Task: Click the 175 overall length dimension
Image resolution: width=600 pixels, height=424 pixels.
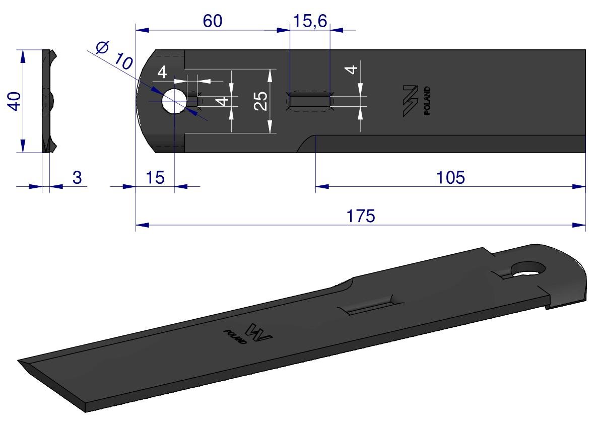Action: pos(361,216)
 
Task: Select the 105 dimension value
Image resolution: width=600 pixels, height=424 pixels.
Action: pos(450,178)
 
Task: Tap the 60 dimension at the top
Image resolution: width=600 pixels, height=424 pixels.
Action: pos(213,21)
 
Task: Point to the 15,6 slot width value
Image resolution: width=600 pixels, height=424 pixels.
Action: pos(309,21)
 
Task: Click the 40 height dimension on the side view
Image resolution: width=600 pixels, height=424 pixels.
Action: pos(15,101)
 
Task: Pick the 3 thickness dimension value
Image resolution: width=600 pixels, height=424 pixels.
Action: pos(77,178)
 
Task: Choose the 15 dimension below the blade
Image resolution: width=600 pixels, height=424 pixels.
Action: pos(155,178)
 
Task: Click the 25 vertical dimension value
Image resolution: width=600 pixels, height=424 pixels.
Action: pos(261,101)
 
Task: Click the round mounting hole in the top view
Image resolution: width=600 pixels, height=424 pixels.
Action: pos(174,101)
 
